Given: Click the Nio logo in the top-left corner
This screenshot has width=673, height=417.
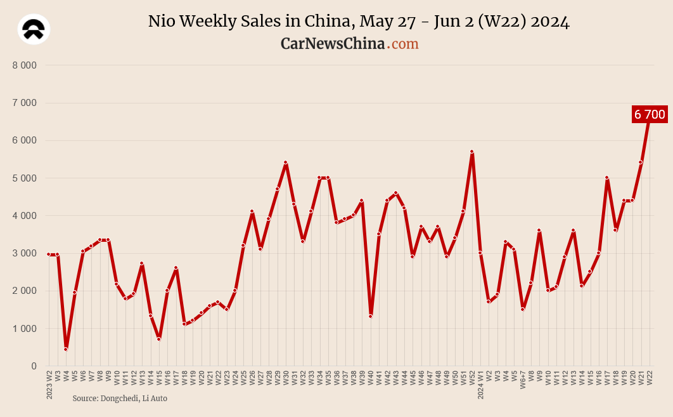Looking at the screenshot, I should click(34, 29).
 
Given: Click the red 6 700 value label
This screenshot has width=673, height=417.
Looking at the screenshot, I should click(650, 114).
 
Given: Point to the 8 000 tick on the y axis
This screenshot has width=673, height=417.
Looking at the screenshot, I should click(25, 65).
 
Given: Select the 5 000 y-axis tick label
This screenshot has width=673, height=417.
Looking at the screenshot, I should click(25, 178).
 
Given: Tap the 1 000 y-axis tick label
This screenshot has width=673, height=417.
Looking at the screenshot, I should click(25, 329).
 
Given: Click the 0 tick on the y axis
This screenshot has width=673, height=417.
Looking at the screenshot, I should click(34, 366).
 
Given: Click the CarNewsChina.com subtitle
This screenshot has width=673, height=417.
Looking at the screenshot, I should click(349, 44).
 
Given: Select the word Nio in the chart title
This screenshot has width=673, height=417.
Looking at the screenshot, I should click(162, 22).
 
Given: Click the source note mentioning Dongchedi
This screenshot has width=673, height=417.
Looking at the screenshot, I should click(120, 398).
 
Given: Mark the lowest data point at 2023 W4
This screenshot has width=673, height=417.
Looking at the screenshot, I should click(66, 349).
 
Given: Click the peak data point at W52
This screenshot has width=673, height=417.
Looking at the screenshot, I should click(472, 152).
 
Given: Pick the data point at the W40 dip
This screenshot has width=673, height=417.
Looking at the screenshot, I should click(370, 316).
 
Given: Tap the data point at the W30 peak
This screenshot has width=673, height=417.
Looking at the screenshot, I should click(286, 162).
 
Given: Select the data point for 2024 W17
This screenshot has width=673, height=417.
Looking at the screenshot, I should click(607, 178).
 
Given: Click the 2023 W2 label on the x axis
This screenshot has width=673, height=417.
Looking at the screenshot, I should click(49, 385).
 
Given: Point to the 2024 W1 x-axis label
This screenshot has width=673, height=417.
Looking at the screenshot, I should click(480, 385).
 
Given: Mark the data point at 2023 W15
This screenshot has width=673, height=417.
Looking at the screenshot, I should click(159, 339).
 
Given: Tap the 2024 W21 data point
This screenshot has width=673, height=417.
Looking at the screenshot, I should click(641, 162).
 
